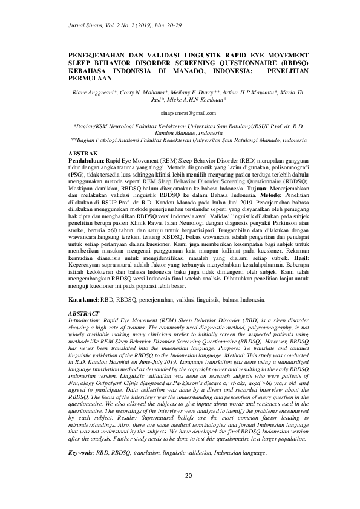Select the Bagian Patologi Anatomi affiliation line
pyautogui.click(x=188, y=138)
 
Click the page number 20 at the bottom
pyautogui.click(x=188, y=476)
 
